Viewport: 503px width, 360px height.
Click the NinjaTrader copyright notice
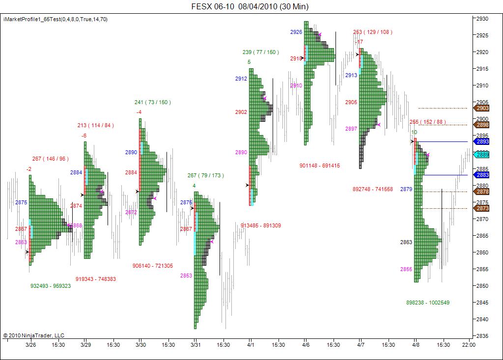34,335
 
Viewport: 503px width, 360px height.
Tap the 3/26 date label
31,345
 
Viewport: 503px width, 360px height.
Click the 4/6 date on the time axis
306,345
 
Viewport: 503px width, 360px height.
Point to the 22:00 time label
469,345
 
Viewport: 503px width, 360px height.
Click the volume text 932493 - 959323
51,285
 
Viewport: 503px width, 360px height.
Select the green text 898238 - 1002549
428,303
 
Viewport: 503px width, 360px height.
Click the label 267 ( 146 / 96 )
51,159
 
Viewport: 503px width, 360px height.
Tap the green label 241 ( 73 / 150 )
153,102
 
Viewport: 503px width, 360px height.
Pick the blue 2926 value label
296,31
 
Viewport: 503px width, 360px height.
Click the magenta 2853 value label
186,276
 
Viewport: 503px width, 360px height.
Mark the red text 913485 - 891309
261,225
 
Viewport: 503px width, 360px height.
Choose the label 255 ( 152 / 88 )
428,122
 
